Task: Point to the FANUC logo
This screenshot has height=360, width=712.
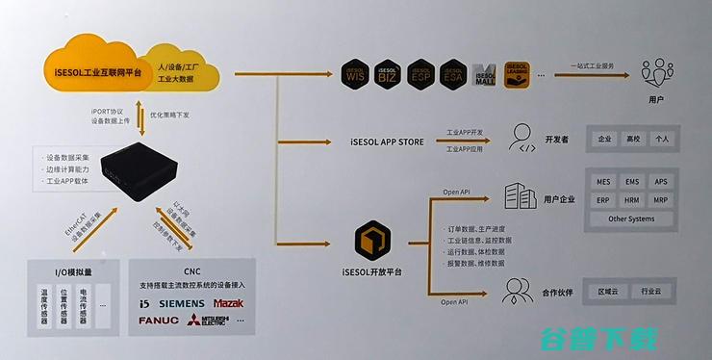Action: (159, 321)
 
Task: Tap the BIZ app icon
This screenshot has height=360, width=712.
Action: (388, 73)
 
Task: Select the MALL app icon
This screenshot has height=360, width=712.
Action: (485, 74)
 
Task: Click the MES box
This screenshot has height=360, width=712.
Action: (603, 181)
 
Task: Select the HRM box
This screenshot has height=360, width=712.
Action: (631, 200)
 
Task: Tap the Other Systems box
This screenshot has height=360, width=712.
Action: (631, 219)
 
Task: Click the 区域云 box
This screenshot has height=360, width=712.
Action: (607, 291)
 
